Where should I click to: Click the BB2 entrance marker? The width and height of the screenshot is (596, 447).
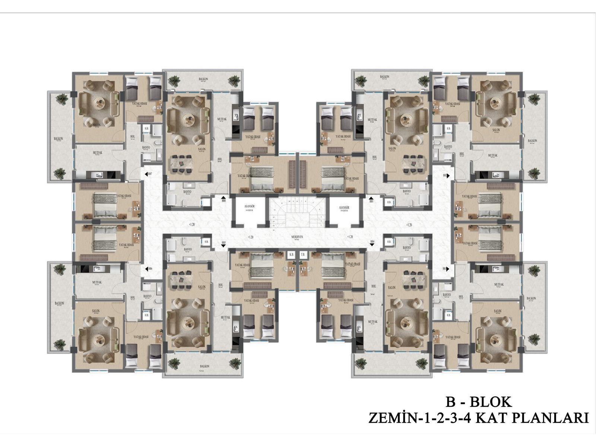(446, 175)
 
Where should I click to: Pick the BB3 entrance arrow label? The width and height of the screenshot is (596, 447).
(446, 269)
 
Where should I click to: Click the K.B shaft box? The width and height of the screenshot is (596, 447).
(291, 255)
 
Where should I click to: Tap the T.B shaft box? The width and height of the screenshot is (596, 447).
(302, 255)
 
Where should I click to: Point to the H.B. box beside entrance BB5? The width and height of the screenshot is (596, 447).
(206, 241)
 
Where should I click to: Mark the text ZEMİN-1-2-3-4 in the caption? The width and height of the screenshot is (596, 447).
(418, 418)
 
